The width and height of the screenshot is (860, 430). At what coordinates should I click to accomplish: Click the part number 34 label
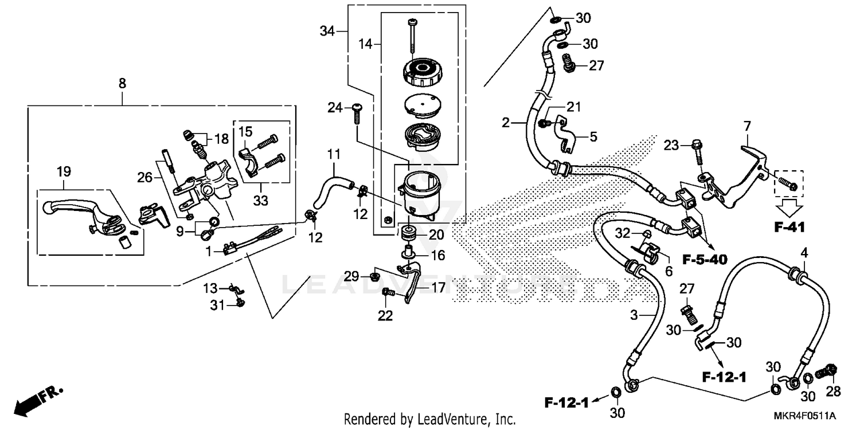coord(327,32)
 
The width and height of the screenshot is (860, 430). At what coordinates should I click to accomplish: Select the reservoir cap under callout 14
coord(425,73)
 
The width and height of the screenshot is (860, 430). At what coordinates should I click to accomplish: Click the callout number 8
coord(122,83)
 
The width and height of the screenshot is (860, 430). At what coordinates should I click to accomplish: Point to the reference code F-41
coord(789,227)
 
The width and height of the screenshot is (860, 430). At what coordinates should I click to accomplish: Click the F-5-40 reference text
coord(704,260)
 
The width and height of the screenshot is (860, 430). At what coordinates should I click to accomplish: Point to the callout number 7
coord(746,125)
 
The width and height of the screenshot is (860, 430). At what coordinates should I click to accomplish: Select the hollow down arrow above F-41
coord(789,205)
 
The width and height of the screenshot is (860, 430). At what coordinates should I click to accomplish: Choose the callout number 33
coord(261,201)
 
